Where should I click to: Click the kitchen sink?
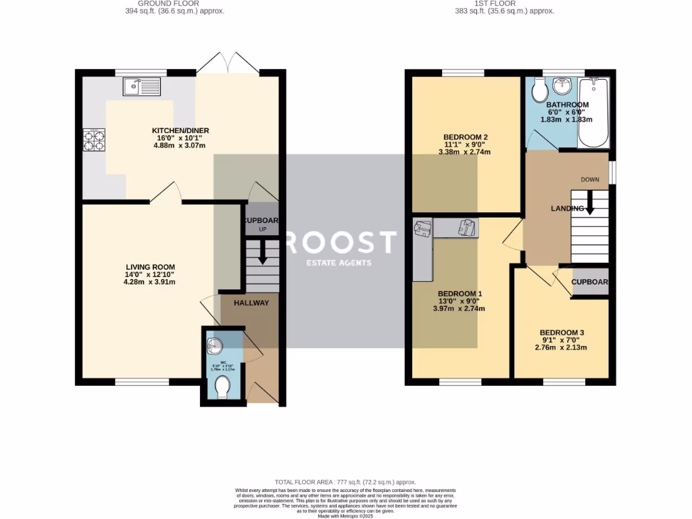pyautogui.click(x=141, y=86)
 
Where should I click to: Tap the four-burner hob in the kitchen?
pyautogui.click(x=94, y=139)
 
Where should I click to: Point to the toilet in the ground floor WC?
pyautogui.click(x=221, y=387)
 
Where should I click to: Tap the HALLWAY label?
pyautogui.click(x=251, y=303)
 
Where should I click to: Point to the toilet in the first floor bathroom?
pyautogui.click(x=539, y=89)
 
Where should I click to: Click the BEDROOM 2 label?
pyautogui.click(x=466, y=137)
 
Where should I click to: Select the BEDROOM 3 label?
pyautogui.click(x=562, y=332)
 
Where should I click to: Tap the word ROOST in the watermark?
pyautogui.click(x=340, y=242)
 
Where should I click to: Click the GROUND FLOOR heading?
pyautogui.click(x=175, y=3)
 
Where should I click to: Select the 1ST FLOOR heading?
pyautogui.click(x=504, y=3)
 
